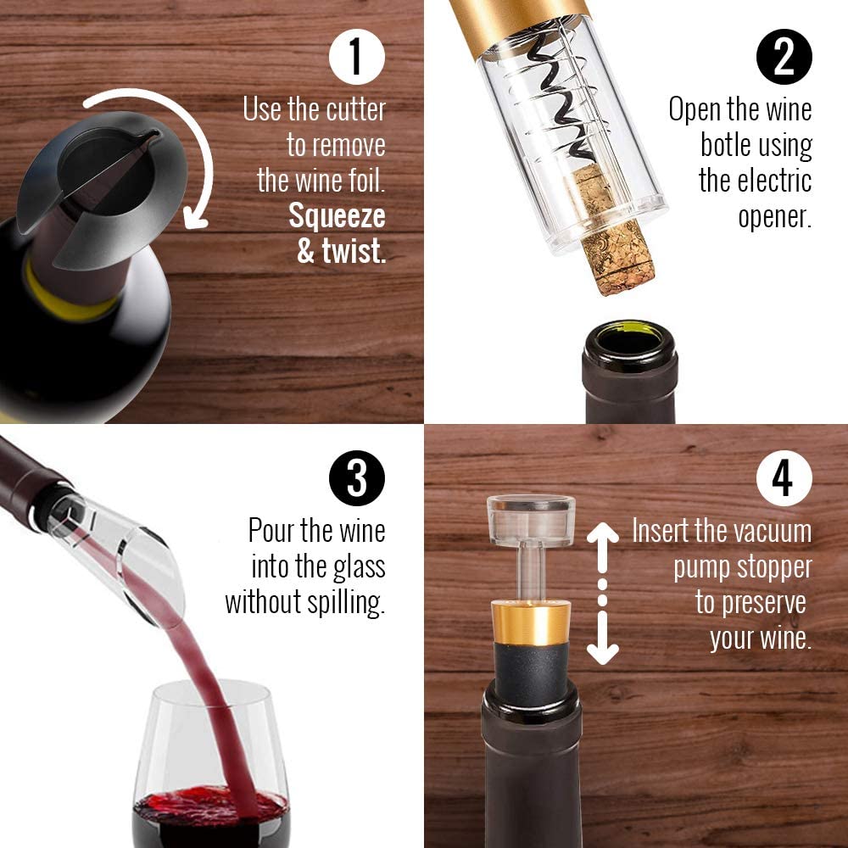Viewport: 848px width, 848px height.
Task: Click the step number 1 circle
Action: (x=356, y=56)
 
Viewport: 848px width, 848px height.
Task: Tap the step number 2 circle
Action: (x=784, y=56)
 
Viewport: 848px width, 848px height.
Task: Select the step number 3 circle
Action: (x=356, y=478)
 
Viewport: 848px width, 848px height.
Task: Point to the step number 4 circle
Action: (x=784, y=478)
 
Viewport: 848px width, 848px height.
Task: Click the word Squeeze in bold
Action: (x=337, y=216)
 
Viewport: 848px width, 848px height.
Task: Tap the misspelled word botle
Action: (x=725, y=145)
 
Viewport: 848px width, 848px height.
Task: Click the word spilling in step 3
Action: (x=346, y=603)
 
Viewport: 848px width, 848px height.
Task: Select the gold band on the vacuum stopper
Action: (x=531, y=622)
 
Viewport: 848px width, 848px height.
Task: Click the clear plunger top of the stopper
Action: (x=531, y=520)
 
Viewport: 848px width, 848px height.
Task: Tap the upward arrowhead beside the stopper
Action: (x=602, y=533)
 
